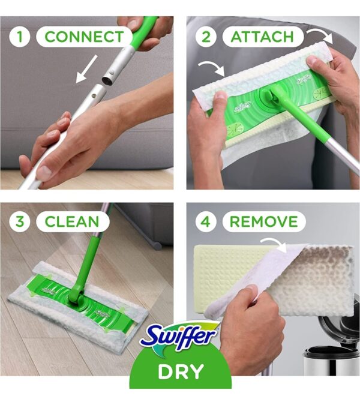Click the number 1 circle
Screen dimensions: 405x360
click(21, 36)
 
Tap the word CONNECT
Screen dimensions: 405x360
click(83, 36)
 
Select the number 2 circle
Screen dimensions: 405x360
click(206, 37)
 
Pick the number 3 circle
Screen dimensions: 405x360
click(21, 221)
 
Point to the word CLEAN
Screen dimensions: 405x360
click(72, 221)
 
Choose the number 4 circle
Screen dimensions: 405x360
click(206, 221)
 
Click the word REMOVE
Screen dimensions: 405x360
click(264, 221)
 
